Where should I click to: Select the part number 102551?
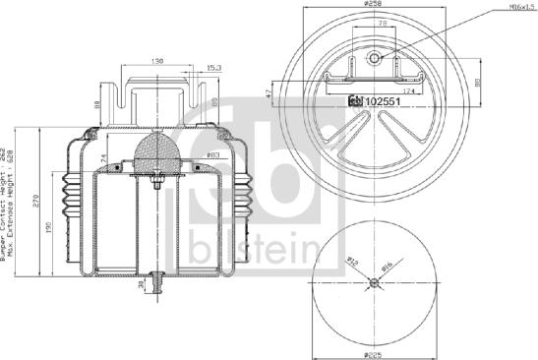click(x=380, y=101)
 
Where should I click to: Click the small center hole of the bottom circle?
click(x=375, y=283)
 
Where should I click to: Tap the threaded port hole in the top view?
click(x=375, y=59)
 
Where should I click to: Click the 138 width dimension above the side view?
click(x=157, y=61)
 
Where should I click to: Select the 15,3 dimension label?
click(x=211, y=69)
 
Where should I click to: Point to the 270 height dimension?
click(x=36, y=202)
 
